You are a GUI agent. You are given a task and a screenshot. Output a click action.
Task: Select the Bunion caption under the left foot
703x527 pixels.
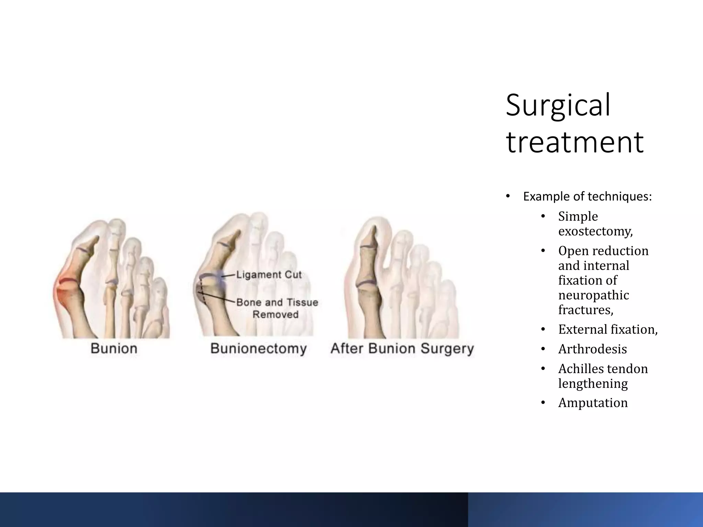coord(114,349)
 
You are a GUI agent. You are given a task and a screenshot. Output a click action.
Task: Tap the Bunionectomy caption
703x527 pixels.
coord(258,349)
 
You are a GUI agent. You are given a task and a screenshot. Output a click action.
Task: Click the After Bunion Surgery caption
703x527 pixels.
coord(402,349)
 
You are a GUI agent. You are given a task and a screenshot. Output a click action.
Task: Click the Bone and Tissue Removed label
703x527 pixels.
coord(277,308)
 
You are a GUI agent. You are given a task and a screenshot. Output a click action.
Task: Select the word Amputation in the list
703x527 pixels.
coord(593,403)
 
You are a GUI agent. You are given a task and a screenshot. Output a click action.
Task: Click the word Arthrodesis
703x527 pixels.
coord(592,349)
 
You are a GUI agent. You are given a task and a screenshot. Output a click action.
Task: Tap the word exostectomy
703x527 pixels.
coord(595,232)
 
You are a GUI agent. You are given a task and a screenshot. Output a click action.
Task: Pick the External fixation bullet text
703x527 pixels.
coord(608,329)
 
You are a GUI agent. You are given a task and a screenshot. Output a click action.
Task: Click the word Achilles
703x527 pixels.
coord(580,369)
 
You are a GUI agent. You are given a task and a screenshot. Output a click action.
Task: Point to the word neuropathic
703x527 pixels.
coord(593,295)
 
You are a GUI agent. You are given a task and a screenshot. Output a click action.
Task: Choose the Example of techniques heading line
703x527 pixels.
coord(587,197)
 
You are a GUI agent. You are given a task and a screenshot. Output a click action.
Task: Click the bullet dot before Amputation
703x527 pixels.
coord(543,403)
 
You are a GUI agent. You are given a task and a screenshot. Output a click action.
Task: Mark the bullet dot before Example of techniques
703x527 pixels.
coord(508,197)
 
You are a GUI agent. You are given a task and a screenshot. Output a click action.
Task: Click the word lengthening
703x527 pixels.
coord(593,384)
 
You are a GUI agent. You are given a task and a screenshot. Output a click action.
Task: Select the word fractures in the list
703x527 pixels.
coord(585,310)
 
